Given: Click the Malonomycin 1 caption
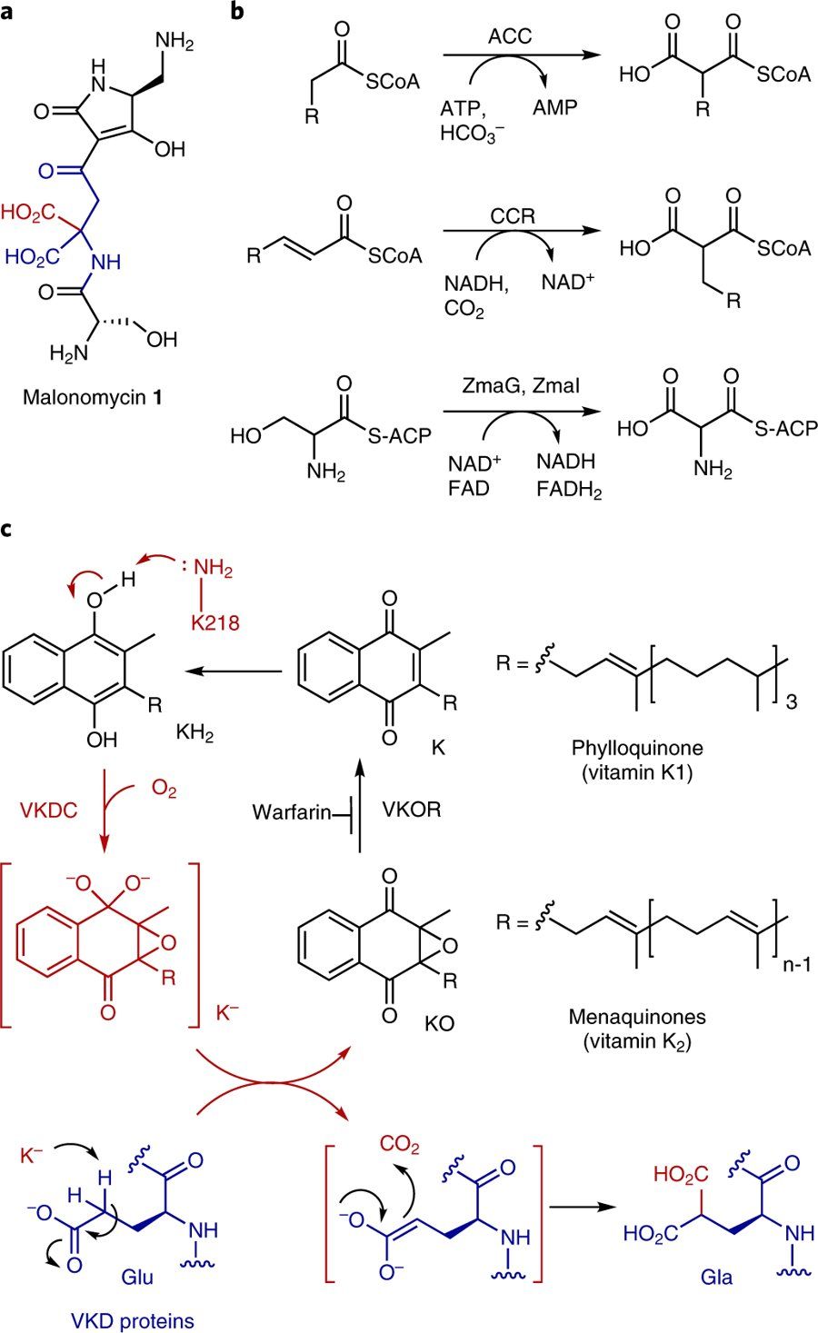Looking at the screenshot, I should pyautogui.click(x=99, y=397).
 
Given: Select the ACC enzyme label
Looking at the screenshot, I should pyautogui.click(x=510, y=37).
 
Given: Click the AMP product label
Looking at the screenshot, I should pyautogui.click(x=554, y=107).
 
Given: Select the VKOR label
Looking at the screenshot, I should pyautogui.click(x=412, y=809).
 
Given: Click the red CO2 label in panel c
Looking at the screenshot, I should pyautogui.click(x=401, y=1145).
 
